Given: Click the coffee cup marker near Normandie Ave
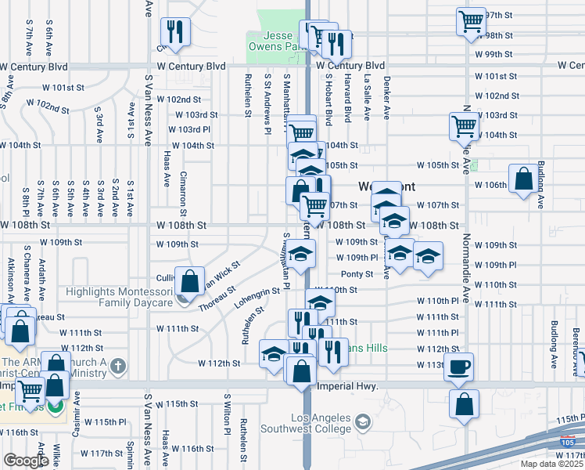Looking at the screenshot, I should click(459, 367).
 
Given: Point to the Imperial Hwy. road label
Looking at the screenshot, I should click(348, 386).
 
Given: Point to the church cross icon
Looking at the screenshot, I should click(118, 366).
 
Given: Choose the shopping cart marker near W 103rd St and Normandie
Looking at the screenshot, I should click(464, 125).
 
